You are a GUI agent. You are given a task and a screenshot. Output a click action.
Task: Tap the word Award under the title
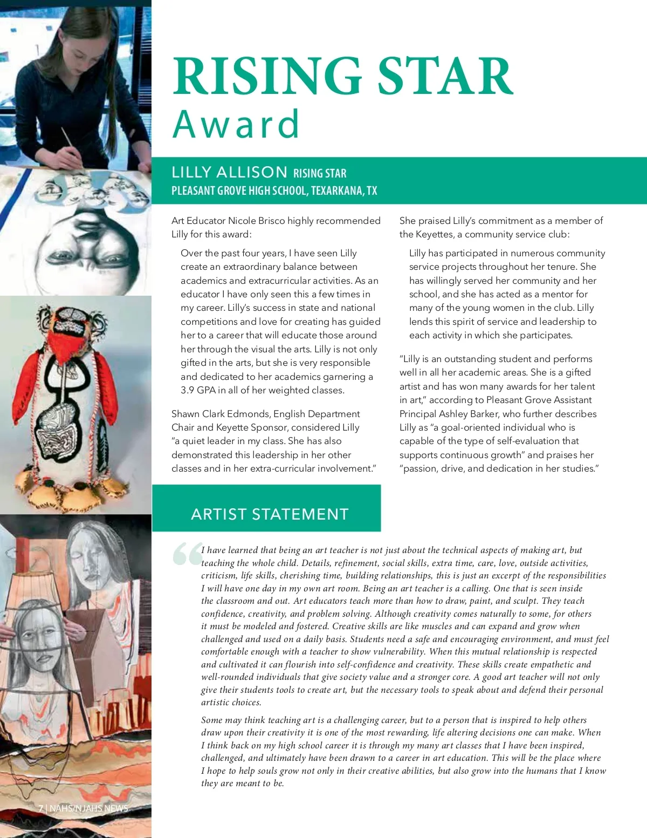click(x=236, y=124)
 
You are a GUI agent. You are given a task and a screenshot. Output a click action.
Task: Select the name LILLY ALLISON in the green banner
click(x=229, y=172)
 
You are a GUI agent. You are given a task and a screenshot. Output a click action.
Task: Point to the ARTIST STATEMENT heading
click(x=270, y=514)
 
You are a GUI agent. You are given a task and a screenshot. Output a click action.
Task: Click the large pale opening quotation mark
click(x=187, y=555)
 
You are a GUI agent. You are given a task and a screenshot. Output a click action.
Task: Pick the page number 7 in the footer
click(x=40, y=808)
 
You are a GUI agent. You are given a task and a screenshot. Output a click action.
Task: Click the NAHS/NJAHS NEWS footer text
click(x=89, y=808)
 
